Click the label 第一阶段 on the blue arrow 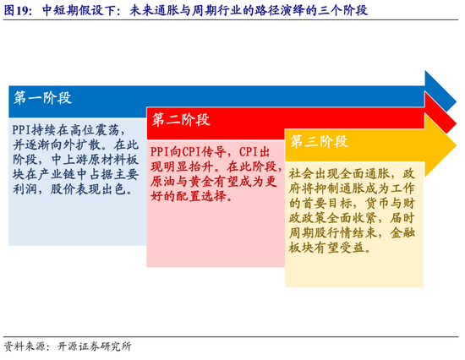click(43, 98)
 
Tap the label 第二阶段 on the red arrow click(181, 120)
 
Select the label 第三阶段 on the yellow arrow click(319, 141)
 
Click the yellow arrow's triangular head click(440, 145)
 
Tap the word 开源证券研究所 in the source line click(95, 346)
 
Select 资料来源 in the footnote click(24, 346)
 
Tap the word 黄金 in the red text click(200, 182)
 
